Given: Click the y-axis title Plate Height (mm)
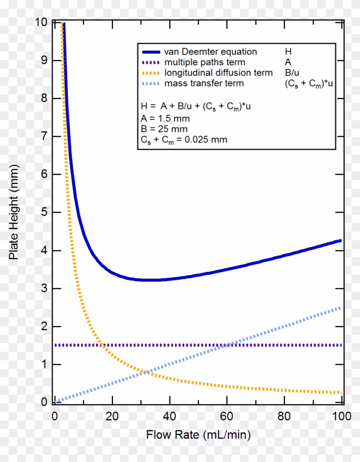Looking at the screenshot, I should point(14,211).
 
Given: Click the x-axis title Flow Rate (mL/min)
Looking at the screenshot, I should point(198,435).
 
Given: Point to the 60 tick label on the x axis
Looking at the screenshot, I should point(227,416).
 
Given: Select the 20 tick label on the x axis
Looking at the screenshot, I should point(112,416).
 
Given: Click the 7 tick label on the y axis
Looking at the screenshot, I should point(45,136).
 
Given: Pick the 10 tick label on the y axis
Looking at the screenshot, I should point(42,22).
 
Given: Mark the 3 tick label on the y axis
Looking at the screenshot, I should point(45,289).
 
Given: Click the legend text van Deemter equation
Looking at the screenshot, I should point(210,52).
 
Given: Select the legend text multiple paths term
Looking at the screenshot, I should point(205,63).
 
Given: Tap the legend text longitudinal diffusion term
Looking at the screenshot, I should point(219,73).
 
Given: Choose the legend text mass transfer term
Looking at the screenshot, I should point(204,83).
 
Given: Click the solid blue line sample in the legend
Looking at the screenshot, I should point(150,52).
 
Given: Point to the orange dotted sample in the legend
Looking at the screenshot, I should point(150,73).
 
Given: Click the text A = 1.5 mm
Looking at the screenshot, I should point(165,118).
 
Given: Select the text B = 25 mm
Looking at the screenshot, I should point(164,129).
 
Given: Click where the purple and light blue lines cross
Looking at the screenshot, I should point(227,345).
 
